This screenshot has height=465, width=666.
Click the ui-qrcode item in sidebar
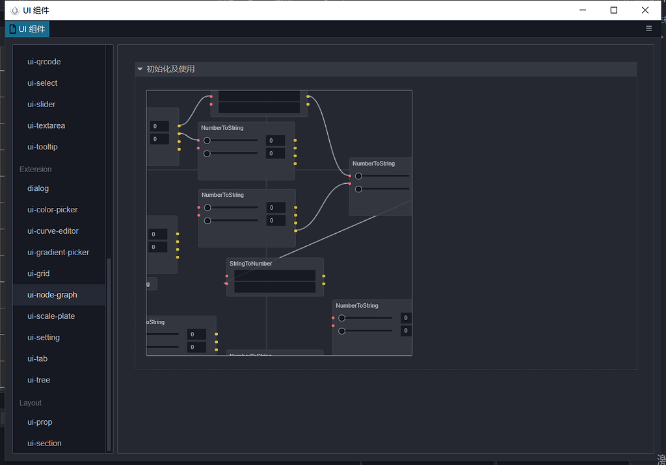click(x=44, y=62)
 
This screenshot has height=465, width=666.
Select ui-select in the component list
click(x=42, y=83)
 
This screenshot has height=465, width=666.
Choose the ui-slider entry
click(x=41, y=105)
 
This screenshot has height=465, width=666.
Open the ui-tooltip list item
click(x=42, y=147)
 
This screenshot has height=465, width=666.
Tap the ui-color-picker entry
click(x=53, y=210)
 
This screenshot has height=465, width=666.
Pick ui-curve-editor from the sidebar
click(x=53, y=231)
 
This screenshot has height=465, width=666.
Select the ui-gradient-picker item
click(x=58, y=253)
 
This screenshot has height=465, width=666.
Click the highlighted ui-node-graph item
click(x=52, y=295)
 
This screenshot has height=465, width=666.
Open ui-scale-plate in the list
click(x=51, y=316)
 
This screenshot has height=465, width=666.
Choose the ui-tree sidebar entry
click(x=38, y=380)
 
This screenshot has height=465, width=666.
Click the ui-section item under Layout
click(x=44, y=444)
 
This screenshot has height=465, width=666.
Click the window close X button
click(x=645, y=10)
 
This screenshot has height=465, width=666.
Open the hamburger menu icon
click(x=648, y=29)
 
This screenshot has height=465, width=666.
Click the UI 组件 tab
click(x=27, y=29)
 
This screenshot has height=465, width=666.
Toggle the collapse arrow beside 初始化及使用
click(x=140, y=69)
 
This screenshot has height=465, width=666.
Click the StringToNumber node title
click(x=250, y=264)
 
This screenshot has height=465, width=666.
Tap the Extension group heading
click(x=35, y=170)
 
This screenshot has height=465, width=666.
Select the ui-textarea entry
click(x=46, y=126)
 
